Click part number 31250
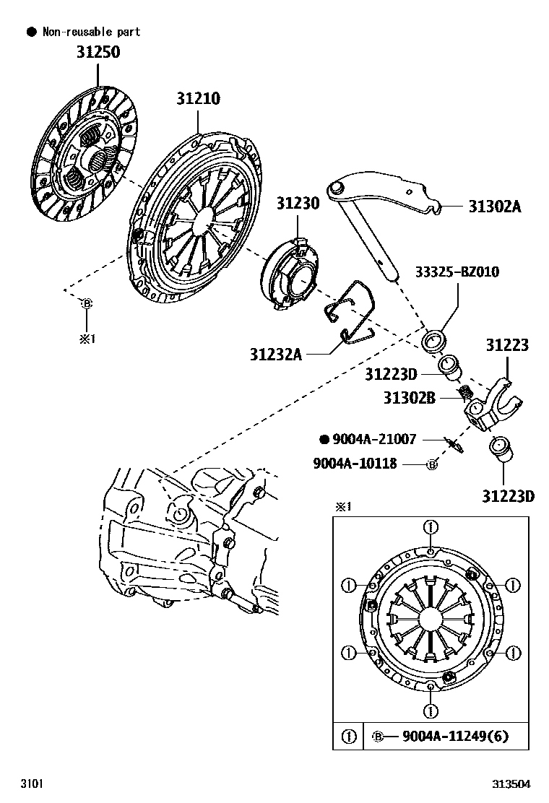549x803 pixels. pos(99,53)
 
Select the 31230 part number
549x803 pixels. pos(297,204)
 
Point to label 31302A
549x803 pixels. pos(494,207)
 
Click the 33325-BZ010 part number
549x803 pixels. pos(457,272)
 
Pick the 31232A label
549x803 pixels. pos(276,354)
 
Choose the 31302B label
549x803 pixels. pos(409,397)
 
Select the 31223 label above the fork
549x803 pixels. pos(506,345)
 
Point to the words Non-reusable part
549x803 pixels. pos(91,32)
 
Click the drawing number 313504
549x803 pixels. pos(511,784)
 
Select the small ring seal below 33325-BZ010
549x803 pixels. pos(436,338)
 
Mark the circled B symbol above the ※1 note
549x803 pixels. pos(87,304)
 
